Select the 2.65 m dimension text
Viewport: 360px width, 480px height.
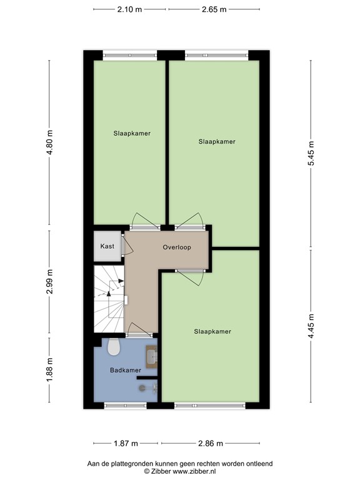[x=214, y=10]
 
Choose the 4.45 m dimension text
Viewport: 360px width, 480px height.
[x=311, y=325]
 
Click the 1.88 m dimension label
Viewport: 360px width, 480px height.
[x=50, y=371]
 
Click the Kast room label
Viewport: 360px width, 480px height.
[x=107, y=246]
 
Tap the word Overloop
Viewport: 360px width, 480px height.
[x=176, y=247]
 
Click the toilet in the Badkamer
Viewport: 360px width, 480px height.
[x=114, y=346]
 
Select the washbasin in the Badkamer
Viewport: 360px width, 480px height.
[x=151, y=356]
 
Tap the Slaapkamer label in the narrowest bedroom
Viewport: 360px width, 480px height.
[x=132, y=133]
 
